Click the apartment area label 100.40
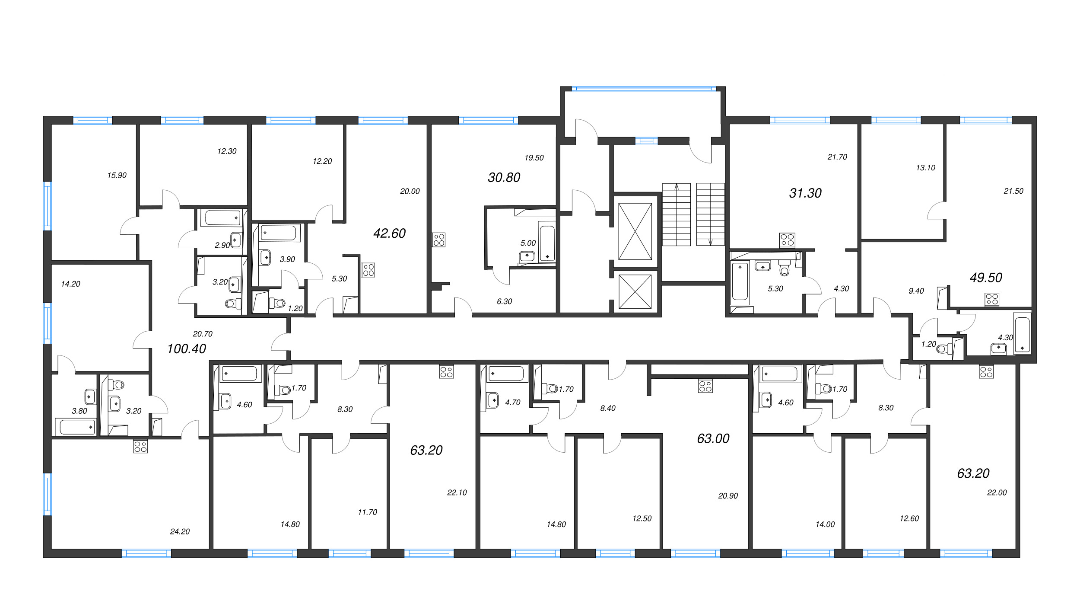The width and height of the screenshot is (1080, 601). [x=187, y=348]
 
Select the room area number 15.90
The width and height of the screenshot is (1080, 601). [x=117, y=176]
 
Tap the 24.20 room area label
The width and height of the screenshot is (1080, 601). [x=180, y=532]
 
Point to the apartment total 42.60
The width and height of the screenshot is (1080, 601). [x=389, y=233]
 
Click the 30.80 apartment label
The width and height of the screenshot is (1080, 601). [x=504, y=177]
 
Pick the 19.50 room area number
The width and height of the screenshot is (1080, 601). [x=534, y=158]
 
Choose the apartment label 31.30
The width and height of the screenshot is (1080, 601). [x=805, y=193]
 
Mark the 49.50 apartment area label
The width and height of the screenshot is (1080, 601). [x=986, y=278]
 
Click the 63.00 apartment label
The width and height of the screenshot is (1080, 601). [x=713, y=439]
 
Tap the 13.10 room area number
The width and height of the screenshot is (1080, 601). [x=925, y=168]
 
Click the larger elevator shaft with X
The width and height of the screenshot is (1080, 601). [x=635, y=232]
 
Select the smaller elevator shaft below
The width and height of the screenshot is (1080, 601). [x=635, y=292]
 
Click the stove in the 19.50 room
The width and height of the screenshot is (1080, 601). [x=439, y=240]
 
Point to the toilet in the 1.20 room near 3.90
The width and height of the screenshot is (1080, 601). [x=277, y=303]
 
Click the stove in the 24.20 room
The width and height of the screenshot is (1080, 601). [x=140, y=446]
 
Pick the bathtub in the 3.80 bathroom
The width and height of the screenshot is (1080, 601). [x=76, y=427]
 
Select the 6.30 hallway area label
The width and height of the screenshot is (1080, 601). [x=504, y=302]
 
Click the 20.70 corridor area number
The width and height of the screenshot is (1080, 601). [x=203, y=334]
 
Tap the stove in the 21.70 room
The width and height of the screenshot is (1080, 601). [x=787, y=240]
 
